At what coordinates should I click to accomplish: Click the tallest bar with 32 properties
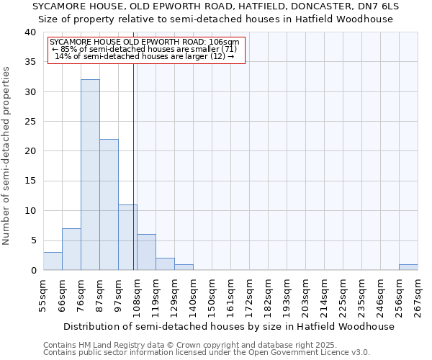90,175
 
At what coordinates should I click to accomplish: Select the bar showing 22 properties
109,204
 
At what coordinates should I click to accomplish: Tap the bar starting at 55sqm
53,261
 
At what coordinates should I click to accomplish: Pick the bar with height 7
71,249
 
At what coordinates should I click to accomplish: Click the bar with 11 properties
127,238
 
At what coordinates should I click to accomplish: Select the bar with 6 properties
146,252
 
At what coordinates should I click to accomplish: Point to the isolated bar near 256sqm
408,267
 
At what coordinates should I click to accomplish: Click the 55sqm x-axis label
43,295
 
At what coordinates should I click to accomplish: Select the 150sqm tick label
212,295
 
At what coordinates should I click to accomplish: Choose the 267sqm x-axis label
418,295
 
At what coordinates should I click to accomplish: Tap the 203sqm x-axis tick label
305,295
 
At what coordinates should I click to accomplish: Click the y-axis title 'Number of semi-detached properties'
7,156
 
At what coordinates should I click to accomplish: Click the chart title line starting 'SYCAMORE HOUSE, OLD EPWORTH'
215,6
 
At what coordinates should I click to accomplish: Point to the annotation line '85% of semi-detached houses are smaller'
146,49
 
